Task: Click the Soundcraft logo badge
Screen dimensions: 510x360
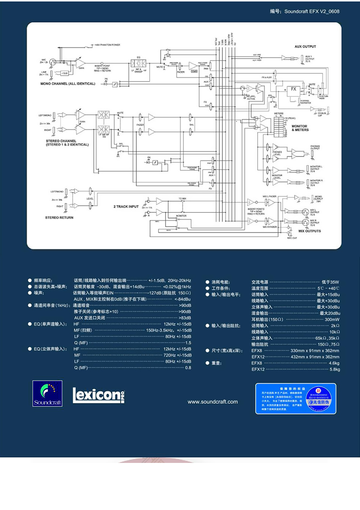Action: pos(48,393)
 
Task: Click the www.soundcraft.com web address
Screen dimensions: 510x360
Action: pos(213,402)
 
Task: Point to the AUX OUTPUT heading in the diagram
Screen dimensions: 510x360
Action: pos(305,47)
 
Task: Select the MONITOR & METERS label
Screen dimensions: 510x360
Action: pos(300,128)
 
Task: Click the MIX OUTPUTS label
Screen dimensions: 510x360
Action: pos(309,231)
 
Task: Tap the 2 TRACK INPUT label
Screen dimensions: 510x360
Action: pos(126,206)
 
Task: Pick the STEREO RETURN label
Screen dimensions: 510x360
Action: pos(59,217)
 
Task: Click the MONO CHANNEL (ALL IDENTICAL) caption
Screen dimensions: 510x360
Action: pos(68,84)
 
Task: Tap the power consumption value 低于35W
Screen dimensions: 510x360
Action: pos(331,281)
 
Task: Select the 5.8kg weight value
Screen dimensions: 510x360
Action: pos(335,369)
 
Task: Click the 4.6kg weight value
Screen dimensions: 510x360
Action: pos(335,363)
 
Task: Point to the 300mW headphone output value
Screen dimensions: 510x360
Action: pos(332,319)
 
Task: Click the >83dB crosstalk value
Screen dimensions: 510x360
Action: pos(185,317)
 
